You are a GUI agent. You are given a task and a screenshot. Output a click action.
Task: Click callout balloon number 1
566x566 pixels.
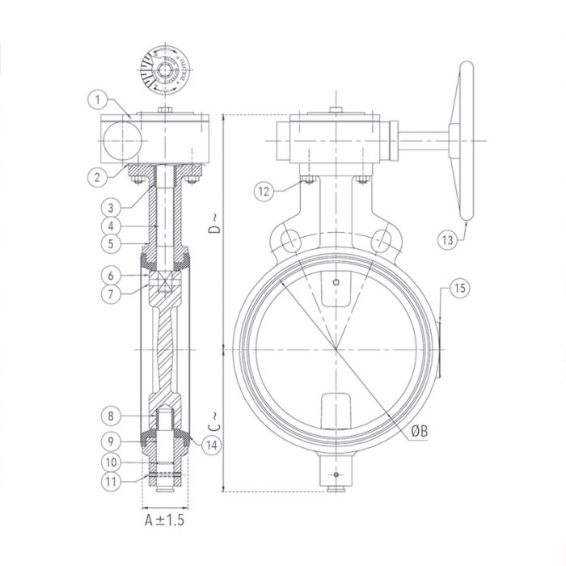point(96,99)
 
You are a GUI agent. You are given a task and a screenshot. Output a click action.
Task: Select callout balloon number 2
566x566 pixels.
point(96,174)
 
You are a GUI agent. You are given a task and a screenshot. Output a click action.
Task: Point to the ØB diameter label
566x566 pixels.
point(419,433)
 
